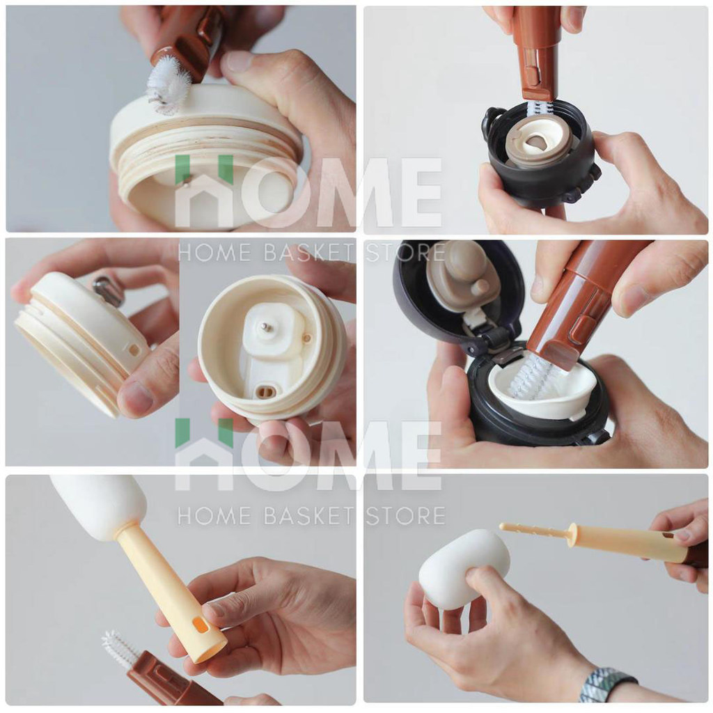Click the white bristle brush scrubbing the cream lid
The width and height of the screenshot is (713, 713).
click(169, 84)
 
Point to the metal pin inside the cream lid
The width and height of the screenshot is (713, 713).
click(263, 326)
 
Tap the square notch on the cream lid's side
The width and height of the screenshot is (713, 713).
click(134, 350)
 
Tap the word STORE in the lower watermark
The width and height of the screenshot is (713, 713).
click(405, 517)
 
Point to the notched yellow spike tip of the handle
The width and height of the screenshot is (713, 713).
click(532, 529)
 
